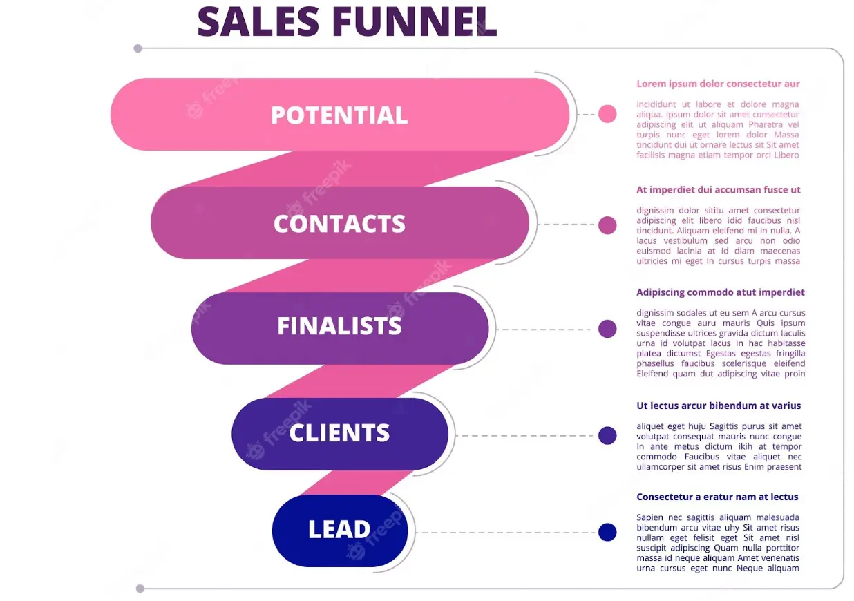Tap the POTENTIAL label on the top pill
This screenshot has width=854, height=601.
click(339, 115)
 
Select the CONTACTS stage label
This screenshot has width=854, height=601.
click(339, 224)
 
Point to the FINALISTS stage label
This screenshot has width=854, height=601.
click(339, 326)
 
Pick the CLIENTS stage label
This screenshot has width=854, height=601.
click(339, 433)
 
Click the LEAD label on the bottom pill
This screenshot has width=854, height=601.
click(339, 530)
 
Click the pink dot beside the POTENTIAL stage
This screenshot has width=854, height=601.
click(607, 114)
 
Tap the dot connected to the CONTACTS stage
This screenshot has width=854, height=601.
click(607, 225)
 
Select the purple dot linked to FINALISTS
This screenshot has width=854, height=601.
click(607, 329)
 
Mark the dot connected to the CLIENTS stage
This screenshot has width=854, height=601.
click(607, 435)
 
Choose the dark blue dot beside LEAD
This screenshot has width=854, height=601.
click(607, 533)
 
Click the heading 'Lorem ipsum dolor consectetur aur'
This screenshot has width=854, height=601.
click(718, 84)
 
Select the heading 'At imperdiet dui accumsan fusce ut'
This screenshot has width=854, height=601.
click(719, 190)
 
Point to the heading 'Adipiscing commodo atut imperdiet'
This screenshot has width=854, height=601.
click(721, 292)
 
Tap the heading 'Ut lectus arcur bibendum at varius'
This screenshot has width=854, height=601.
click(719, 406)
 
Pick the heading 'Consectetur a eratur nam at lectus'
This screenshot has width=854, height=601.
click(717, 497)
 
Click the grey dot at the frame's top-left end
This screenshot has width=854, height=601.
click(138, 48)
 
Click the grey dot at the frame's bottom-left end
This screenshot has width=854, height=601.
click(140, 589)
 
